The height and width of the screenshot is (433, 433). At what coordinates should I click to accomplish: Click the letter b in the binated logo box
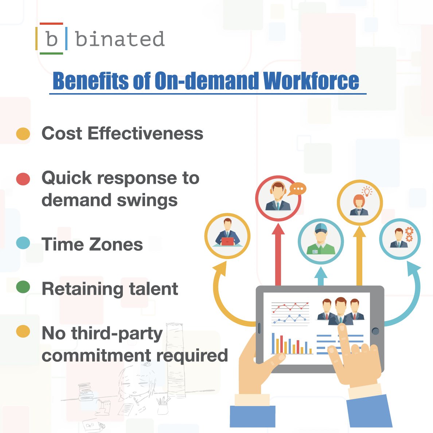tap(52, 39)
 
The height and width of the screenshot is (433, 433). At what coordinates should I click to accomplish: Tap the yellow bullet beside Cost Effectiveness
tap(23, 134)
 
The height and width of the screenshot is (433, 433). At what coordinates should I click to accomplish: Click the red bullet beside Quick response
tap(23, 179)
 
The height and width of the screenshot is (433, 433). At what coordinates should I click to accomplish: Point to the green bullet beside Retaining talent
tap(23, 287)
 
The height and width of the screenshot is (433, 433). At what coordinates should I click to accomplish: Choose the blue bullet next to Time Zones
tap(23, 243)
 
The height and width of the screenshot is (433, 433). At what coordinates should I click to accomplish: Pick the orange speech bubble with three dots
tap(298, 189)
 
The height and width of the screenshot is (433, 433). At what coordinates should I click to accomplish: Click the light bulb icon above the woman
tap(367, 191)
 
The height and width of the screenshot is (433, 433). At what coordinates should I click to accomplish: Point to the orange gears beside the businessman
tap(409, 234)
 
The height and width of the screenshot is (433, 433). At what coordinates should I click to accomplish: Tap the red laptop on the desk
tap(227, 241)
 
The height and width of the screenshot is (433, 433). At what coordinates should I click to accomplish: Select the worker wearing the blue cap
tap(320, 240)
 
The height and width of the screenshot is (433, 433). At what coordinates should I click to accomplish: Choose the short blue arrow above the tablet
tap(321, 277)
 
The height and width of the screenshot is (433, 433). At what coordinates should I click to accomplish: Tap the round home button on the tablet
tap(375, 331)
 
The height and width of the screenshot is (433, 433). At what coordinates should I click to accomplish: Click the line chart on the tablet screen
tap(290, 313)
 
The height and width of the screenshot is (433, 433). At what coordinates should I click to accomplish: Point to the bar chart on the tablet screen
tap(292, 344)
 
